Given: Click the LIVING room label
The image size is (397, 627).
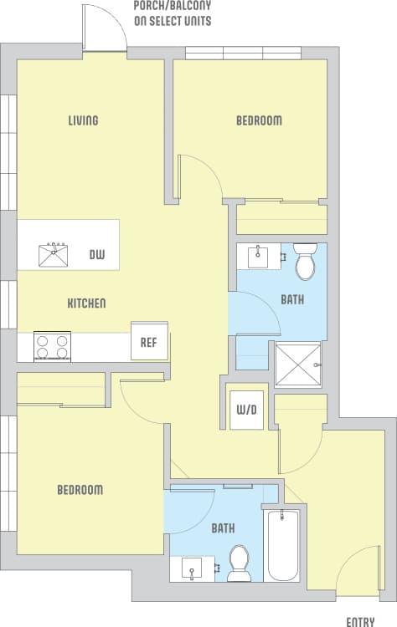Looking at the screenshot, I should (x=83, y=120).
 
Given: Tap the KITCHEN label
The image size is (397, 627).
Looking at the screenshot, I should (x=86, y=303).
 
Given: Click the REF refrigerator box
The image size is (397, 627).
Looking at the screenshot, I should (x=149, y=341).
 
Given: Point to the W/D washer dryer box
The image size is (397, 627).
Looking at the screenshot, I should (x=247, y=410).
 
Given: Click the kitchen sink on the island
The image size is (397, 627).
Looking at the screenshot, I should (x=53, y=254).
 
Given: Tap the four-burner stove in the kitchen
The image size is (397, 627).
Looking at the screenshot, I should (x=52, y=346).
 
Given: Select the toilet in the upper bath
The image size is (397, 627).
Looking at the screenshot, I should (x=305, y=262).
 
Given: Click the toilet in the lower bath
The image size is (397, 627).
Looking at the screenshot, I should (x=240, y=563).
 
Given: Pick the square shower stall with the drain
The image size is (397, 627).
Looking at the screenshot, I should (x=297, y=364).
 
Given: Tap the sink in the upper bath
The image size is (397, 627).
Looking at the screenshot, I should (x=258, y=255).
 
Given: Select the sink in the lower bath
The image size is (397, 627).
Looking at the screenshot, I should (x=192, y=569).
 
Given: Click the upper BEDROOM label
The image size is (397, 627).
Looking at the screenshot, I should (x=258, y=120).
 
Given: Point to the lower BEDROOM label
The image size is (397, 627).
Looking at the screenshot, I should (x=80, y=490).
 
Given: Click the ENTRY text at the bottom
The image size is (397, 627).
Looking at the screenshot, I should (x=360, y=621).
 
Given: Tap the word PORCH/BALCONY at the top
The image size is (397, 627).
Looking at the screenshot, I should (x=173, y=5).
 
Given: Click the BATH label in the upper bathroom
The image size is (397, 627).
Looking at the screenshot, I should (x=292, y=298).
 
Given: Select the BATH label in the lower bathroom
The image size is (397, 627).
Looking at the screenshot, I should (x=223, y=528).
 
